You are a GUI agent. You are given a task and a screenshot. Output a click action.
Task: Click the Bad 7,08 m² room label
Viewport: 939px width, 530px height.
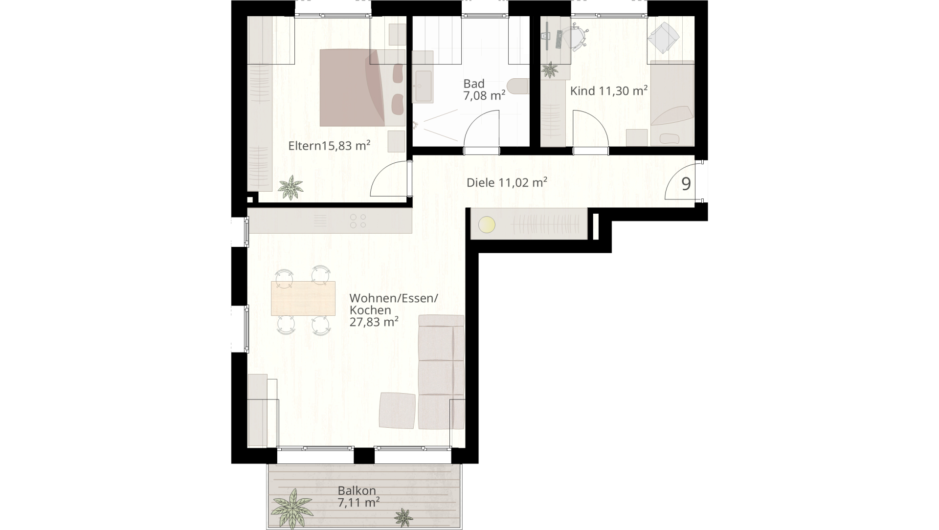tap(484, 89)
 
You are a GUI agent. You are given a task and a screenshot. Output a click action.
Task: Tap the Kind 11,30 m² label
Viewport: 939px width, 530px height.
tap(609, 90)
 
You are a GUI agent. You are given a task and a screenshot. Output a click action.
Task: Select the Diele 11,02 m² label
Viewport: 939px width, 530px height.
tap(507, 182)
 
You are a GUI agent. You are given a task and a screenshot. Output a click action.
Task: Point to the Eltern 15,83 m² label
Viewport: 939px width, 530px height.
tap(329, 146)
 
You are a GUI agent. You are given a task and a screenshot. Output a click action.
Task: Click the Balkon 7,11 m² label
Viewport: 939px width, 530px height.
tap(358, 496)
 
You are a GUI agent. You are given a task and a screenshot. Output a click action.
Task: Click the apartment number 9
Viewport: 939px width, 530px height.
tap(686, 184)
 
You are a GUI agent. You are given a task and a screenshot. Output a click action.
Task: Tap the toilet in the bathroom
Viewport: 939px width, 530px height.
tap(517, 86)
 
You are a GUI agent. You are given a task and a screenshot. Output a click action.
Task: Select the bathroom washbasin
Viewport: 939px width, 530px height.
tap(423, 87)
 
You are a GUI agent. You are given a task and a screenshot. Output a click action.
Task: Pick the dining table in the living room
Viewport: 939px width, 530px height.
tap(303, 298)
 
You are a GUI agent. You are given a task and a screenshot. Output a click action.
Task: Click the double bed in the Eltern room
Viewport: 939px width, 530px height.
tap(362, 88)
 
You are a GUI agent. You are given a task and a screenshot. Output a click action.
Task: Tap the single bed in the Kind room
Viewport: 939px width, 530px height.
tap(672, 104)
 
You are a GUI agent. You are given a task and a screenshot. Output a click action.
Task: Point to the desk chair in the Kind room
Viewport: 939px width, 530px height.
tap(575, 37)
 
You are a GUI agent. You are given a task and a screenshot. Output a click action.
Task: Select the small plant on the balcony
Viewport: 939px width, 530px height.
tap(404, 517)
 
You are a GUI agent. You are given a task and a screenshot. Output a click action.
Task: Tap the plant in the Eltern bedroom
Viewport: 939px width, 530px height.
tap(291, 188)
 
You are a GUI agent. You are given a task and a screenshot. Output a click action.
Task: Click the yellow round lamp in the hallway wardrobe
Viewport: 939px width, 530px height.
tap(487, 225)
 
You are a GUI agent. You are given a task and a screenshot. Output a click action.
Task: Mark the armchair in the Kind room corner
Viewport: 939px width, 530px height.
tap(663, 37)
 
